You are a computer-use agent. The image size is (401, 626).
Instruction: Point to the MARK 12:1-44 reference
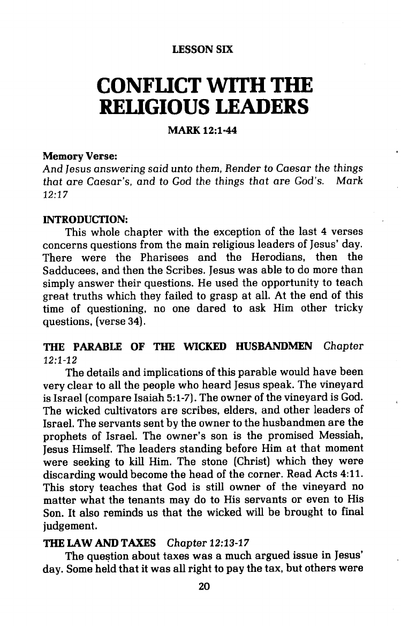203,130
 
